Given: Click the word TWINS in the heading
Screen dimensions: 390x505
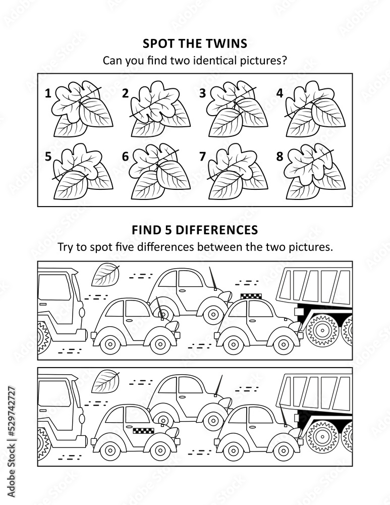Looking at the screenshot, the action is (x=228, y=43).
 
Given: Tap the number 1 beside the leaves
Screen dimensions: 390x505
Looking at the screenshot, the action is (x=48, y=93).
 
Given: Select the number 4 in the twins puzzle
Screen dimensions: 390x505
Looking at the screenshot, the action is (x=280, y=93).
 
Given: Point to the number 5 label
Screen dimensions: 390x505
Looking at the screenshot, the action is (x=48, y=157).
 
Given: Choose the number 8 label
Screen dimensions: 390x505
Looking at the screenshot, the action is (x=280, y=157).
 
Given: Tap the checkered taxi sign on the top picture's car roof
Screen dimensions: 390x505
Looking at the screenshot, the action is (x=251, y=296).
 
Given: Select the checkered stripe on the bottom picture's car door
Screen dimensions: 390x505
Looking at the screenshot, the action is (x=143, y=429).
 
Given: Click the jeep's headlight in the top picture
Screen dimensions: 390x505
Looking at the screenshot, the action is (x=82, y=313).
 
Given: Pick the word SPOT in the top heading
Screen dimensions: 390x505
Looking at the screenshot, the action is (x=155, y=43).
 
